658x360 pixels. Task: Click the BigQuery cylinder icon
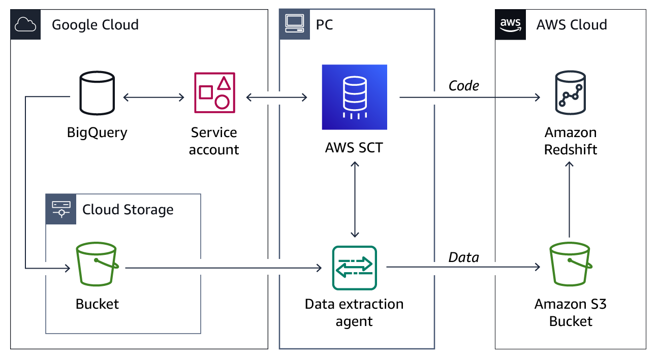pyautogui.click(x=97, y=93)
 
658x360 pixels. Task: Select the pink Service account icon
pyautogui.click(x=214, y=93)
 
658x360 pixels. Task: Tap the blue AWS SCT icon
pyautogui.click(x=354, y=97)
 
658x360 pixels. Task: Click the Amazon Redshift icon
pyautogui.click(x=570, y=93)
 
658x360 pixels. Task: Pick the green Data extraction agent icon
pyautogui.click(x=354, y=268)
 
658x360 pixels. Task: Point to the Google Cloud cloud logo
pyautogui.click(x=25, y=24)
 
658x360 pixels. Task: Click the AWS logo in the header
pyautogui.click(x=510, y=24)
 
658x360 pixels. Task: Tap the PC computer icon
pyautogui.click(x=294, y=24)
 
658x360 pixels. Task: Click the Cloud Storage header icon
pyautogui.click(x=61, y=209)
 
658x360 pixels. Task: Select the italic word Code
pyautogui.click(x=463, y=86)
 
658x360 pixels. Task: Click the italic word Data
pyautogui.click(x=463, y=257)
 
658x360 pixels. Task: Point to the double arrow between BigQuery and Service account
pyautogui.click(x=154, y=97)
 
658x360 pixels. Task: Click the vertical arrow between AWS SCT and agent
pyautogui.click(x=355, y=200)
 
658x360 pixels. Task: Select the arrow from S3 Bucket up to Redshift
pyautogui.click(x=570, y=200)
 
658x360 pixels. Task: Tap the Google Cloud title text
pyautogui.click(x=95, y=24)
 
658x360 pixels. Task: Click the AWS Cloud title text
pyautogui.click(x=572, y=24)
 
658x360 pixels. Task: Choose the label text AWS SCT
pyautogui.click(x=354, y=148)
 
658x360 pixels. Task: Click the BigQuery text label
pyautogui.click(x=97, y=133)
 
